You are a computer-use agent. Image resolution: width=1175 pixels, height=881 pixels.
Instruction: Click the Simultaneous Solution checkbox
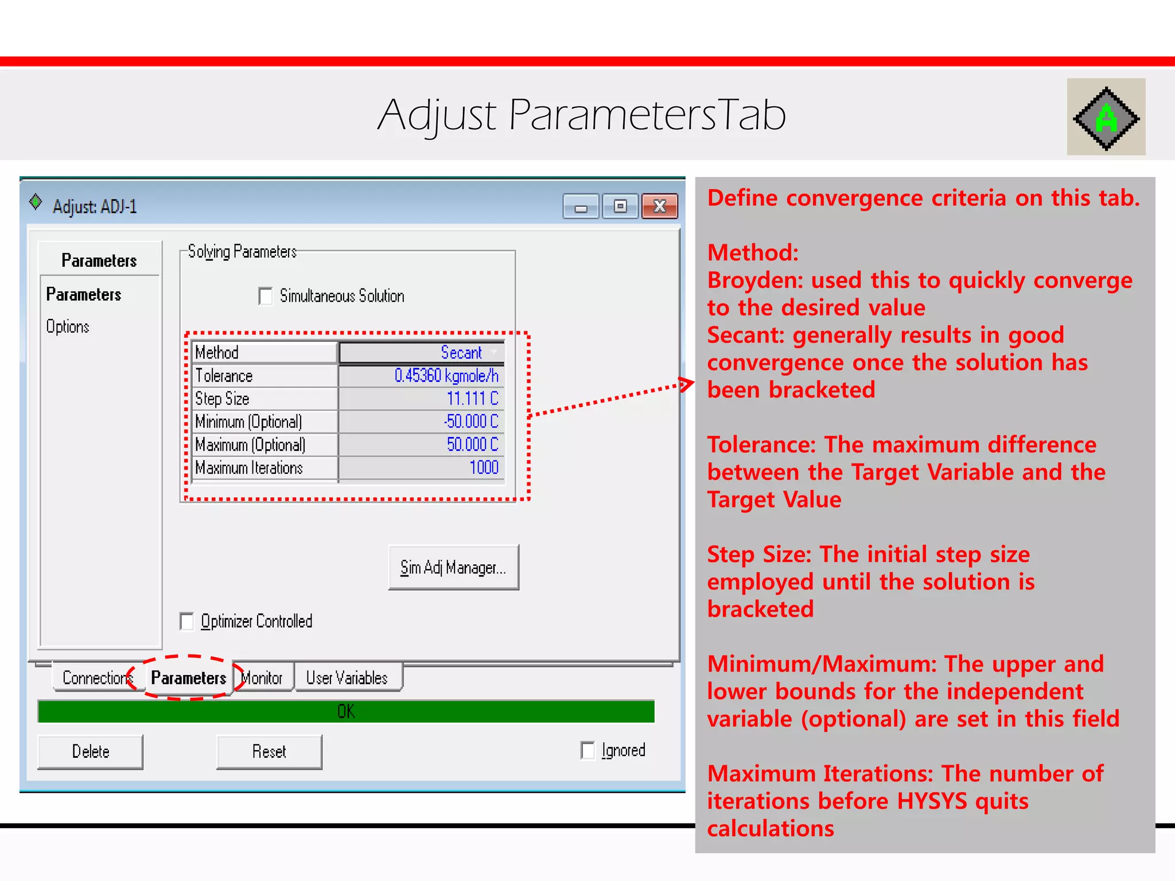click(266, 297)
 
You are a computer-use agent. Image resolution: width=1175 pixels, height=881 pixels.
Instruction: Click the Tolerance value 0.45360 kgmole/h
click(446, 376)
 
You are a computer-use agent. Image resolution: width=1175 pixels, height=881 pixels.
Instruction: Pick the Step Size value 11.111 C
click(472, 399)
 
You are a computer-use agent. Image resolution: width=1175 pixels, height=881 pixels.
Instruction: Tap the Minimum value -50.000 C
click(470, 422)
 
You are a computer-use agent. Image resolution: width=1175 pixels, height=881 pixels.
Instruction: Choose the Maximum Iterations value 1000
click(484, 468)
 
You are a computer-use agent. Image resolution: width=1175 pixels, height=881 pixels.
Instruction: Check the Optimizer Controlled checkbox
click(187, 621)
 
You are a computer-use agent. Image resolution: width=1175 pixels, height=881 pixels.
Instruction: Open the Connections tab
click(95, 678)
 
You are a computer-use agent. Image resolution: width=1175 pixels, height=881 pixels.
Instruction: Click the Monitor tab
click(263, 678)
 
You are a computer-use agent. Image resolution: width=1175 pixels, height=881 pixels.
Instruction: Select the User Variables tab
click(347, 678)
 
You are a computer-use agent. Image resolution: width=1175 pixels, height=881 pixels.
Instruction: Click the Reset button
click(269, 751)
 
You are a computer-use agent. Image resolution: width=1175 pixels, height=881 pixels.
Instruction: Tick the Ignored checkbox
click(587, 750)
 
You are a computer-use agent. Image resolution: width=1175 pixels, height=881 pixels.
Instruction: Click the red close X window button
click(660, 206)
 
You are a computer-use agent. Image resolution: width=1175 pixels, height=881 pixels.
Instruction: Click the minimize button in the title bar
click(581, 206)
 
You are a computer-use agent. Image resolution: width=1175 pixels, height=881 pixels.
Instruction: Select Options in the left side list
click(68, 327)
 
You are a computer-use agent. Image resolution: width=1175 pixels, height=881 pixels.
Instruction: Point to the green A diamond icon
click(1106, 118)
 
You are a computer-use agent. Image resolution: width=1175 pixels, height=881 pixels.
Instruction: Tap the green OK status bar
click(345, 711)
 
